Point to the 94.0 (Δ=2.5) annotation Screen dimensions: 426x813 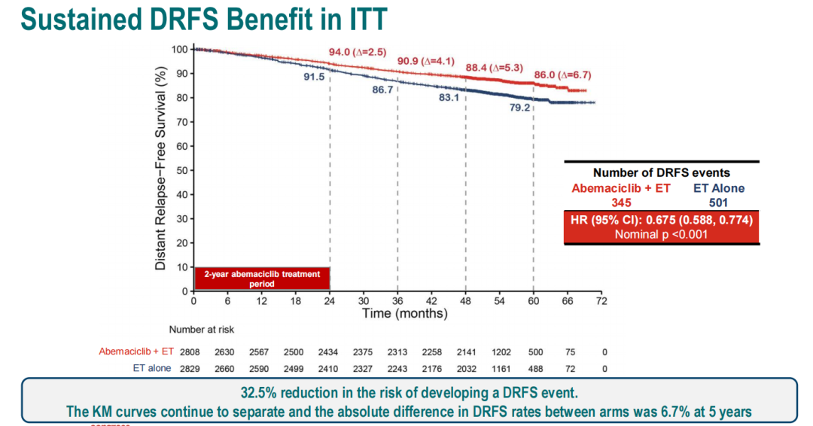[358, 52]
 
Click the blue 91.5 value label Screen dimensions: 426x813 [314, 77]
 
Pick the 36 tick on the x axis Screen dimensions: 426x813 [397, 301]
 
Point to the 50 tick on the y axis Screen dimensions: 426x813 [181, 170]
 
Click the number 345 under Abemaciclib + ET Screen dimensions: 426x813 [621, 202]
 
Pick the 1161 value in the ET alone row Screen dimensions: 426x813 [500, 368]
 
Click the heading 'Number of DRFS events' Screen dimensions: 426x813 [661, 173]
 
